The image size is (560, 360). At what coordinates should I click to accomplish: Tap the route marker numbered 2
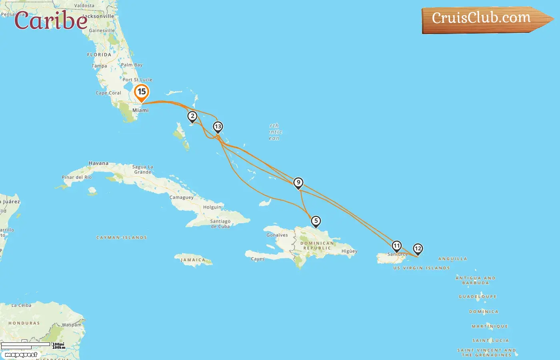point(192,116)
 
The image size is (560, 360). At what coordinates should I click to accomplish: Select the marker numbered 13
point(218,127)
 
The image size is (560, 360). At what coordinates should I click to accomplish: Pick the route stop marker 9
point(298,183)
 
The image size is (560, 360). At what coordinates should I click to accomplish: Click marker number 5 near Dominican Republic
point(316,221)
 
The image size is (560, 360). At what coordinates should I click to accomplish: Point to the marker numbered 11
point(396,246)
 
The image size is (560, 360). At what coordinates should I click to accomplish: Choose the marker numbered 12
point(418,249)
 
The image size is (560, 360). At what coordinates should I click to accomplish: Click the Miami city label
point(140,110)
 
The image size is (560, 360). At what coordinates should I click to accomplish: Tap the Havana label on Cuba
point(98,163)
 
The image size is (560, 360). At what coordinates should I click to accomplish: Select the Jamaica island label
point(193,260)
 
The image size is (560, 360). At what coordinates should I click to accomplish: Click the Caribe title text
point(51,21)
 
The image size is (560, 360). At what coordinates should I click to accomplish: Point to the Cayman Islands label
point(122,238)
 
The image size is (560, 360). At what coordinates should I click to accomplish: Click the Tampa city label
point(99,66)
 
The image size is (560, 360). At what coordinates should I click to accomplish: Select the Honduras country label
point(24,323)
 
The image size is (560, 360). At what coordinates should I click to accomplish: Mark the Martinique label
point(490,326)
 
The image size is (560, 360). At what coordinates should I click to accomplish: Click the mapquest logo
point(21,355)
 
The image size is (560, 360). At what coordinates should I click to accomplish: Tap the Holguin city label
point(212,207)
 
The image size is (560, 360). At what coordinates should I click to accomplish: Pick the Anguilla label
point(452,259)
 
